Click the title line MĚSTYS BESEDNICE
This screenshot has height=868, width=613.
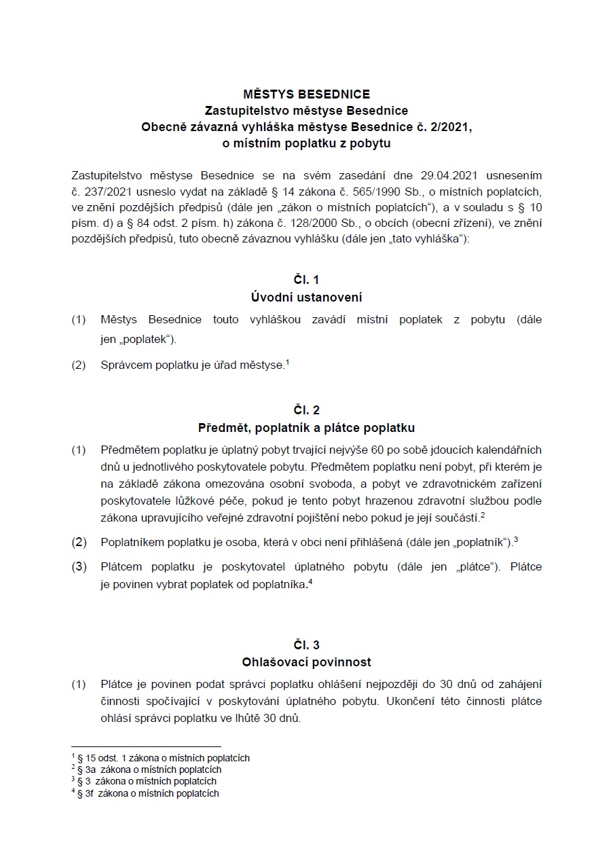click(306, 94)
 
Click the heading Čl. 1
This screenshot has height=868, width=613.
click(306, 280)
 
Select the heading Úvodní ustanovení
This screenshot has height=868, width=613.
click(306, 297)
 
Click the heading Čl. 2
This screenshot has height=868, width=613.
click(306, 410)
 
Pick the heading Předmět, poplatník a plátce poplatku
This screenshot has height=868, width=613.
click(306, 428)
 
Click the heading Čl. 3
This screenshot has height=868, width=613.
click(306, 645)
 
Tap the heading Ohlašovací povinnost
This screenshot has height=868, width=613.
click(306, 662)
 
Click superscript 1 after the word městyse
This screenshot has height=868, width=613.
click(288, 363)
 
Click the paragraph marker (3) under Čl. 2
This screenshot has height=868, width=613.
click(79, 566)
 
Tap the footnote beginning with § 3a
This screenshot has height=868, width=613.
click(149, 770)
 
